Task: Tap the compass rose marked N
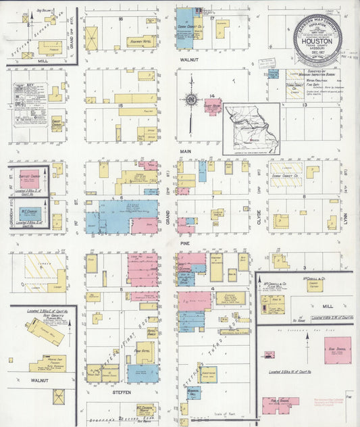tap(191, 101)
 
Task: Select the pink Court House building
tap(213, 107)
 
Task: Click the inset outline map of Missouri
tap(251, 128)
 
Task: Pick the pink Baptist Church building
tap(30, 178)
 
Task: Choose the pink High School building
tap(337, 351)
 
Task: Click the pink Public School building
tap(280, 405)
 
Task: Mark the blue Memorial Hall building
tap(194, 392)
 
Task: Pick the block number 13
tap(305, 105)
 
